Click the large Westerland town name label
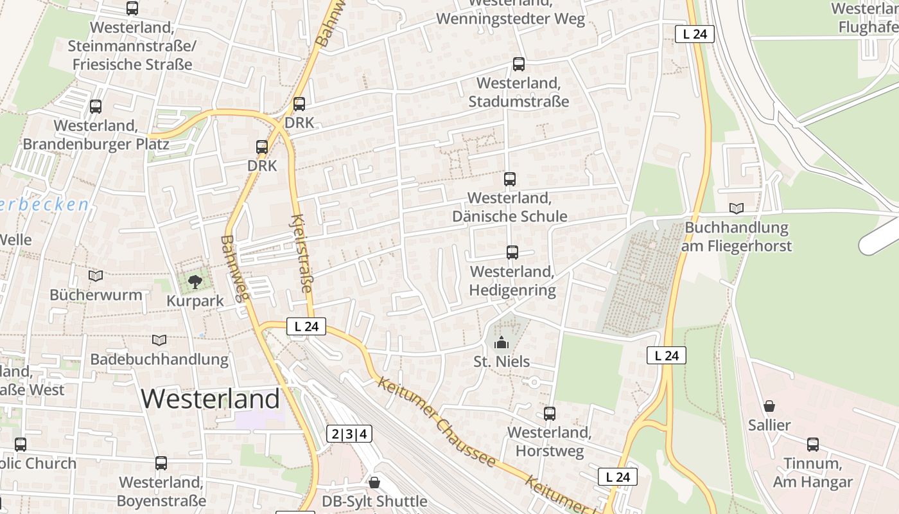click(211, 399)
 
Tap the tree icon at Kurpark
click(195, 281)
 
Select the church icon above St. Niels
click(502, 342)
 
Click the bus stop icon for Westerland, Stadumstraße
click(519, 64)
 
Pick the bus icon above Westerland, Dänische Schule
click(510, 179)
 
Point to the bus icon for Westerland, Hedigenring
click(512, 253)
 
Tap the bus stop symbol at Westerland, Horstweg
click(550, 414)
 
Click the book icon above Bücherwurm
click(96, 276)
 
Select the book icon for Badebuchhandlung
click(159, 340)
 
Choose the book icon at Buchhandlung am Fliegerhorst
click(737, 209)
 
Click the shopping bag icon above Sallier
click(769, 406)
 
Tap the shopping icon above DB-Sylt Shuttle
click(374, 482)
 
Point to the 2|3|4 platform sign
click(349, 434)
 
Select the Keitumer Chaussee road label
click(437, 421)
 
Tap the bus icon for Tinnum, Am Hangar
click(813, 445)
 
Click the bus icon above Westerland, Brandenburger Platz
click(96, 107)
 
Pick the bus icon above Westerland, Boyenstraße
click(161, 463)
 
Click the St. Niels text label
click(502, 362)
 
